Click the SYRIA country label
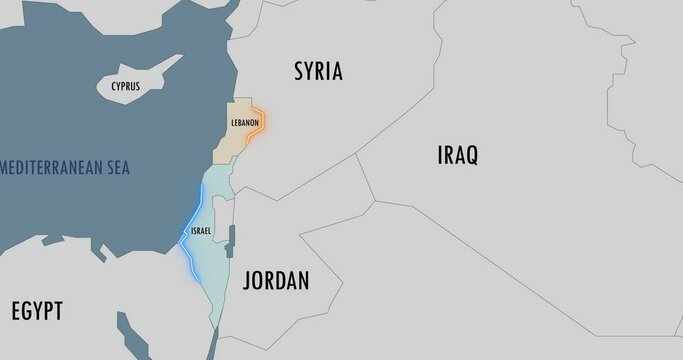coord(318,71)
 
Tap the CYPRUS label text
coord(125,87)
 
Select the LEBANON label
coord(245,123)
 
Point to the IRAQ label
coord(458,155)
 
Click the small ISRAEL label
coord(201,231)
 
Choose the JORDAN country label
coord(276,281)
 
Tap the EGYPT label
coord(37,311)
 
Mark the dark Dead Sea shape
coord(231,240)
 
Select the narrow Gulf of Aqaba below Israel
coord(211,342)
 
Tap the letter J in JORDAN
coord(248,281)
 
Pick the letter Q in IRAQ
coord(471,155)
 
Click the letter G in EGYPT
coord(30,311)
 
